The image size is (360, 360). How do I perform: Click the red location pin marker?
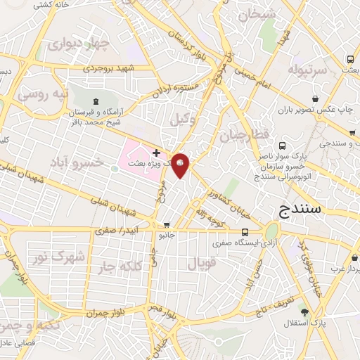coord(180,165)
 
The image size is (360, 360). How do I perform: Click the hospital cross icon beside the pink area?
coord(156,153)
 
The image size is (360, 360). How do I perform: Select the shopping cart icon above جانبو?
coord(167,225)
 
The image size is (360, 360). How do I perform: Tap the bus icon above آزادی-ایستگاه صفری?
coord(245,232)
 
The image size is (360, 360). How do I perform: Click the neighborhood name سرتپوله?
coord(307,70)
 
